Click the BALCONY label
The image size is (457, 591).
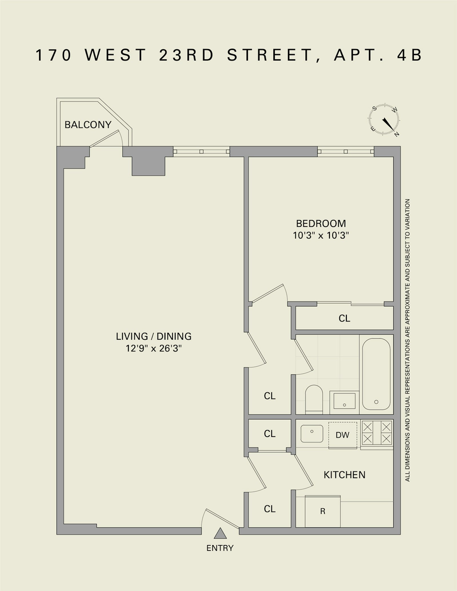[88, 125]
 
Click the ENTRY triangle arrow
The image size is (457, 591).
[220, 533]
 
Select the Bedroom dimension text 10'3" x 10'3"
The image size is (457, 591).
[321, 236]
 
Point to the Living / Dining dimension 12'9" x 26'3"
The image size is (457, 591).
[154, 349]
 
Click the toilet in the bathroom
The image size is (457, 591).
[314, 399]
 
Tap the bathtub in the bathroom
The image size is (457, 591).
[376, 374]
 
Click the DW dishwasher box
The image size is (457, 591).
[342, 435]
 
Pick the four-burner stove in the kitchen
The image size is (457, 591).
[377, 433]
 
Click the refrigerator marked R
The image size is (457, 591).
[323, 511]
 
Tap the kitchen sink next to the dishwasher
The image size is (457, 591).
[312, 433]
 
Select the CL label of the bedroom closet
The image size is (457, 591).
[344, 318]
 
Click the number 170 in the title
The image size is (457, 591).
[53, 55]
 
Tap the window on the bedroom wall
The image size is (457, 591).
[346, 151]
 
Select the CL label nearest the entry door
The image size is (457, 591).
[270, 509]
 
